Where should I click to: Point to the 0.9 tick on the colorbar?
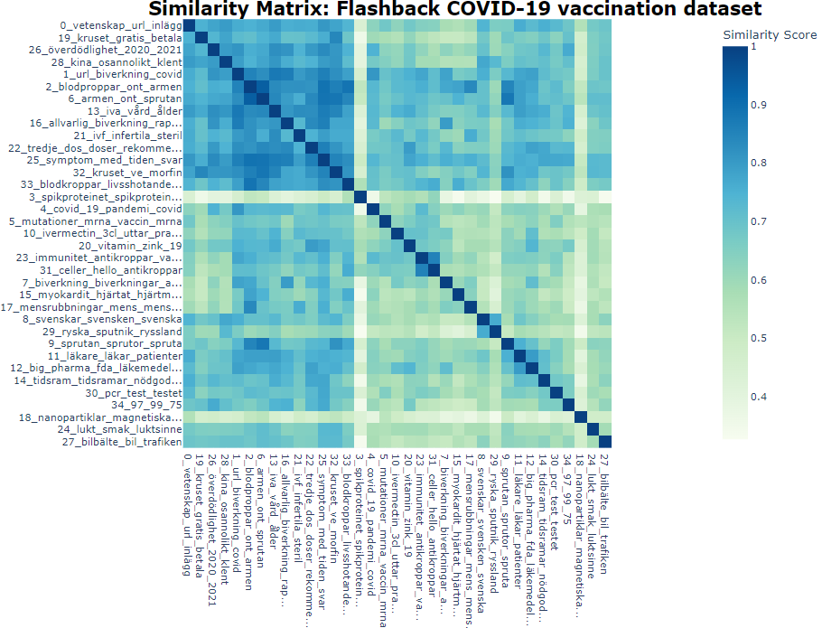[761, 106]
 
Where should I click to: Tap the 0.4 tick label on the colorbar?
[761, 397]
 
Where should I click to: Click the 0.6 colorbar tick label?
[761, 280]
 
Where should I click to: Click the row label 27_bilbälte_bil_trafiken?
[122, 442]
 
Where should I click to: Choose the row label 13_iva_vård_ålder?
[135, 110]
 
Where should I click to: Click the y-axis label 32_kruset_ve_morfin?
[127, 172]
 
